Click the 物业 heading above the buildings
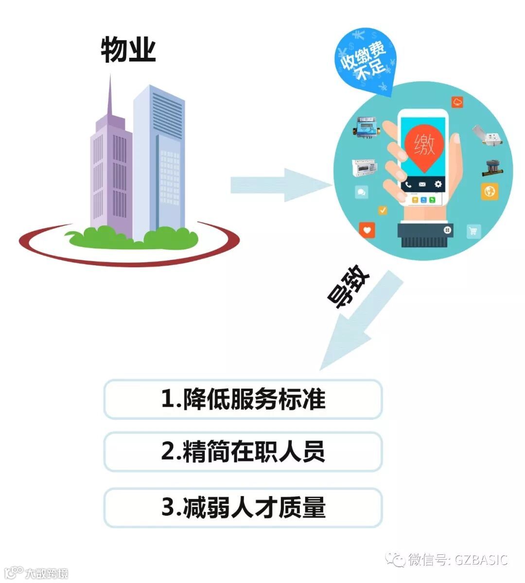(x=128, y=50)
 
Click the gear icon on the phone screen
(x=437, y=184)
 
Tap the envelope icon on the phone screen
(x=422, y=185)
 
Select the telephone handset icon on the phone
(x=408, y=185)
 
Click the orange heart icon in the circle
(x=367, y=229)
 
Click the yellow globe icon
(x=490, y=191)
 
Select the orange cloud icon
(x=457, y=102)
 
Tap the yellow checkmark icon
(x=383, y=210)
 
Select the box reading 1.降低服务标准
(x=243, y=399)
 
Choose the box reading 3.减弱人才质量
(x=243, y=508)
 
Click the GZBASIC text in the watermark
(x=481, y=560)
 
